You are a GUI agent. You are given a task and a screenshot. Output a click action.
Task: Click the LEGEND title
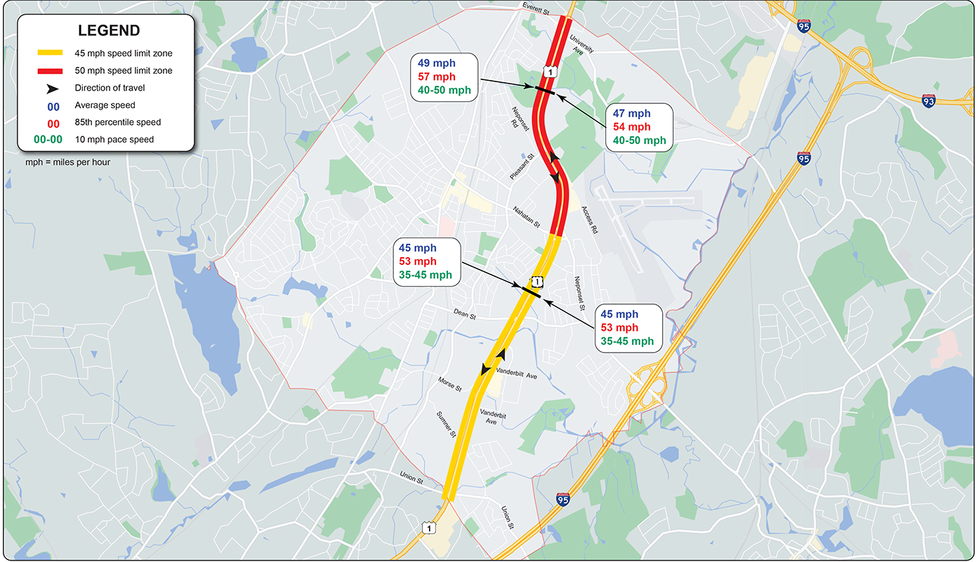click(109, 31)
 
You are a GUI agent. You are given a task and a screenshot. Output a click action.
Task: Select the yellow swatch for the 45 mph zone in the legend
click(50, 53)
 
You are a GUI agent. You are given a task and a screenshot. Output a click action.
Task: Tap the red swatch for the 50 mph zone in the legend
click(50, 71)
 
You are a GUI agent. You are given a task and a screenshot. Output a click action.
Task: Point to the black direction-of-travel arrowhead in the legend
click(51, 89)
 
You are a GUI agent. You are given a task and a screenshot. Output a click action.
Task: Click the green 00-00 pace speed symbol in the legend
click(48, 140)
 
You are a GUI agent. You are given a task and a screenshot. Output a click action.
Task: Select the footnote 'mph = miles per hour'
click(67, 162)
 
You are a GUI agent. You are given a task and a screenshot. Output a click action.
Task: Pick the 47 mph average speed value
click(632, 113)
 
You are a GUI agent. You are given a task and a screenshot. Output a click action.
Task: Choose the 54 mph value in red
click(632, 126)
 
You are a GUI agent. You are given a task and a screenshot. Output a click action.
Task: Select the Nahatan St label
click(526, 217)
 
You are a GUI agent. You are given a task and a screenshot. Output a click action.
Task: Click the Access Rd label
click(590, 219)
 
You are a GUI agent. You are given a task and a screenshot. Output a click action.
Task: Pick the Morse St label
click(450, 383)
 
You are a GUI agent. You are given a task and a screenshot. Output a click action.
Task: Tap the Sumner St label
click(447, 424)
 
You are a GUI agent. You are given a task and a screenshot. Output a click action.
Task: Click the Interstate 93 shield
click(929, 101)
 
